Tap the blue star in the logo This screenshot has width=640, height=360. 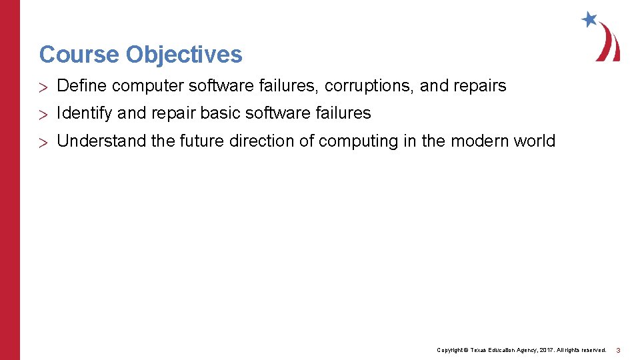coord(589,19)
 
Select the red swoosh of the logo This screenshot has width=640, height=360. coord(609,43)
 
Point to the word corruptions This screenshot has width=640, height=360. coord(369,86)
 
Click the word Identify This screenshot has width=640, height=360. coord(85,114)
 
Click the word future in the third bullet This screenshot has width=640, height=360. coord(201,141)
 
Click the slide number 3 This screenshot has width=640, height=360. coord(618,350)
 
